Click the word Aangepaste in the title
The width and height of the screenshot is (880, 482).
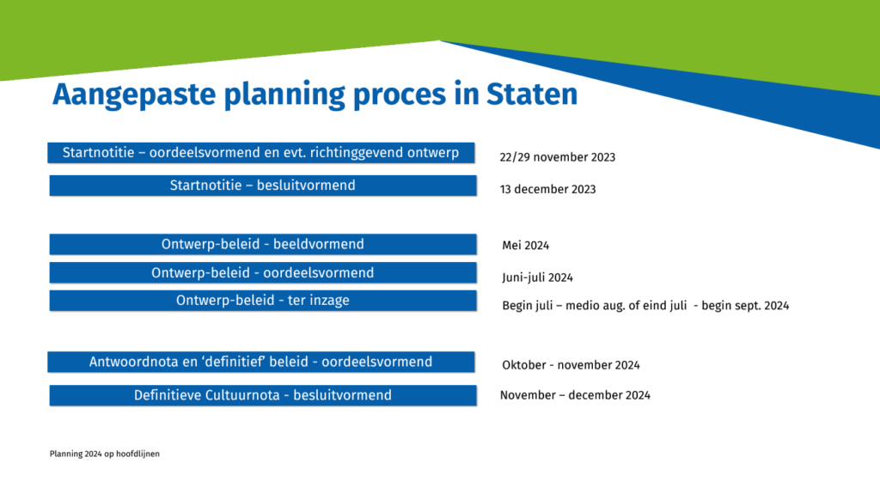coord(134,95)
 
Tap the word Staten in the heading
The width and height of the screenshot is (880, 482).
coord(532,94)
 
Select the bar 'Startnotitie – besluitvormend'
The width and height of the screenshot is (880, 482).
coord(263,186)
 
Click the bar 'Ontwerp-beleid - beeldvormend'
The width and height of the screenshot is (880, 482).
coord(263,245)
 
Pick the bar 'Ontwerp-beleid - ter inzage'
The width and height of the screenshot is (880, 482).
coord(263,301)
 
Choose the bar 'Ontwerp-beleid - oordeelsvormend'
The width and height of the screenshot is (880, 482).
coord(263,272)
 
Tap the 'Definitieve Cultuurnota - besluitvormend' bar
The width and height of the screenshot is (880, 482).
coord(263,395)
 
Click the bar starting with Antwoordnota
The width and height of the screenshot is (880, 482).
coord(261,362)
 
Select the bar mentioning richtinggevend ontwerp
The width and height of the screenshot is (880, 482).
coord(261,153)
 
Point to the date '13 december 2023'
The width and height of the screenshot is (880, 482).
coord(547,190)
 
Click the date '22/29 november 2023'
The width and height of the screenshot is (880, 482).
coord(557,157)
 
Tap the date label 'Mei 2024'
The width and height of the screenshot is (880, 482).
coord(526,246)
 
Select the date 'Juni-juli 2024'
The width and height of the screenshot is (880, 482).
coord(538,278)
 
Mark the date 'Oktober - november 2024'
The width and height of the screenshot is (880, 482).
coord(571,365)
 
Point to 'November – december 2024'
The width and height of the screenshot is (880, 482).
coord(575,395)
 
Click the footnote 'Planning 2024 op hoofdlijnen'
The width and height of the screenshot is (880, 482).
coord(104,454)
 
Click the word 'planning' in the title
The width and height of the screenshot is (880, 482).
coord(284,95)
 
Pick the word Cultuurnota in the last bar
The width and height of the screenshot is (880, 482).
coord(242,395)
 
